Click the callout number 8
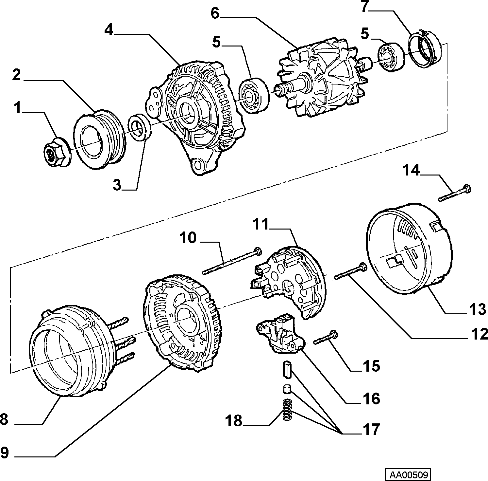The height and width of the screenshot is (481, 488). point(4,419)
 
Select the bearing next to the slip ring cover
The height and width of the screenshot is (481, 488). point(391,57)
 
